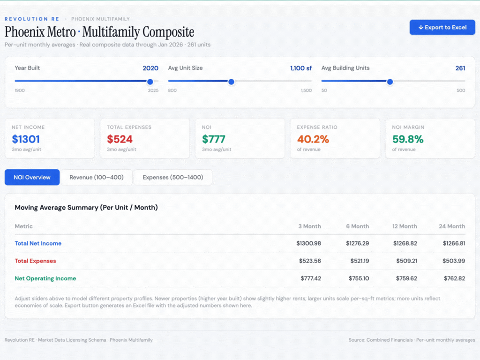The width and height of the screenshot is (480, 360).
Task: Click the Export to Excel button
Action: (442, 27)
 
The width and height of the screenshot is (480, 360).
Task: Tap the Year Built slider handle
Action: (150, 82)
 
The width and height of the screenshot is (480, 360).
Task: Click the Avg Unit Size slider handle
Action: (231, 82)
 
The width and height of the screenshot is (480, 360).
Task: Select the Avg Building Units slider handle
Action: (390, 82)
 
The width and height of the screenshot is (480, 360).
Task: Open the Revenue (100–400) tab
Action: (97, 178)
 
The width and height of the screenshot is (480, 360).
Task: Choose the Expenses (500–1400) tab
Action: (172, 178)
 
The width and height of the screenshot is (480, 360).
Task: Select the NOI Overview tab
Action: (32, 178)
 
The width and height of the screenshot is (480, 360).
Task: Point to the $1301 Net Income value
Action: (26, 139)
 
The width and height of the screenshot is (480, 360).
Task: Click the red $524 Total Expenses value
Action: (120, 139)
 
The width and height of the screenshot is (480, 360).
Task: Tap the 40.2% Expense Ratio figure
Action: (313, 139)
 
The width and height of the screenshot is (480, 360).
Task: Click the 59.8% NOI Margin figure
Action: (408, 139)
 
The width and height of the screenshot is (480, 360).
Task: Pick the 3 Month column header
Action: (309, 226)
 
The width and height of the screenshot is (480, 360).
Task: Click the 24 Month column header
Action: (452, 226)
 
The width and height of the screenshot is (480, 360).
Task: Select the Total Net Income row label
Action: (38, 244)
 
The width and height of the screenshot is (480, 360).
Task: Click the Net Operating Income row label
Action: (45, 278)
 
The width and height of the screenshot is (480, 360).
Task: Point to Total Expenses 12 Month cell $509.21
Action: (405, 261)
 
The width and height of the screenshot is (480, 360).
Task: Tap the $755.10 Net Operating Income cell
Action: (359, 278)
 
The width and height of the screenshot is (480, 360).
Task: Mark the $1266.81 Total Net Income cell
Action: (454, 244)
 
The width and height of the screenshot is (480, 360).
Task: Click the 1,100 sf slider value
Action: (300, 68)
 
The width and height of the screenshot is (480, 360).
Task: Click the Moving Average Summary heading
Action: (86, 208)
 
